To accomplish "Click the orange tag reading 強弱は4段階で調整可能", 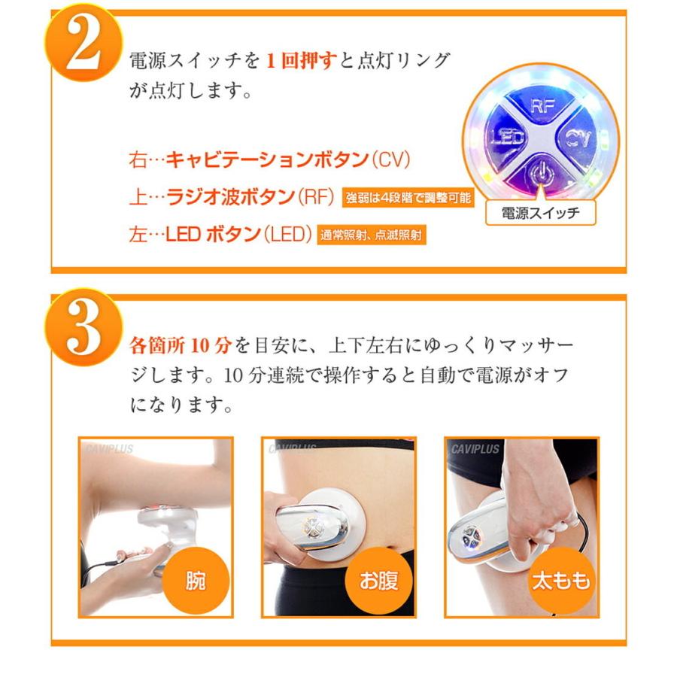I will (x=408, y=199).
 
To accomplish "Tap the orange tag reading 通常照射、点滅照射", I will (x=372, y=235).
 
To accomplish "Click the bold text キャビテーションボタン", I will (x=266, y=159).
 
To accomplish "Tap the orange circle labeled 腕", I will (x=193, y=581).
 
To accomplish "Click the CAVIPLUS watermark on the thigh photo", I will (x=475, y=449).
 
